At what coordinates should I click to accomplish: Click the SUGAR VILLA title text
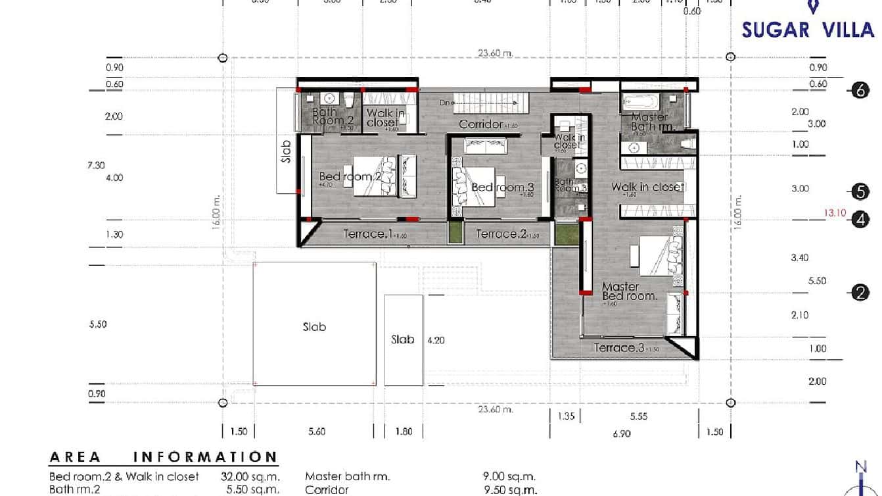tap(808, 30)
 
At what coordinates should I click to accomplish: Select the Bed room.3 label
tap(503, 187)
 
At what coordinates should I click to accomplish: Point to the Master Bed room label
tap(629, 291)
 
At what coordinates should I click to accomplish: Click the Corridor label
tap(480, 124)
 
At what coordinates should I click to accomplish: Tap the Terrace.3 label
tap(618, 348)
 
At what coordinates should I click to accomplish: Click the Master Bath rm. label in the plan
tap(651, 122)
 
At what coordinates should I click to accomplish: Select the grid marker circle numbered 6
tap(860, 91)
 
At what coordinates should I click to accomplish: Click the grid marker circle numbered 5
tap(860, 191)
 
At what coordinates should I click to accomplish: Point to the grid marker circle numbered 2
tap(860, 293)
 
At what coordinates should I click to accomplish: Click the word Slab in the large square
tap(314, 326)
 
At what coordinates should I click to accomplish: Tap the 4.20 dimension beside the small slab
tap(436, 341)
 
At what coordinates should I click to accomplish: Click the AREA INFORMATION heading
tap(164, 457)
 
